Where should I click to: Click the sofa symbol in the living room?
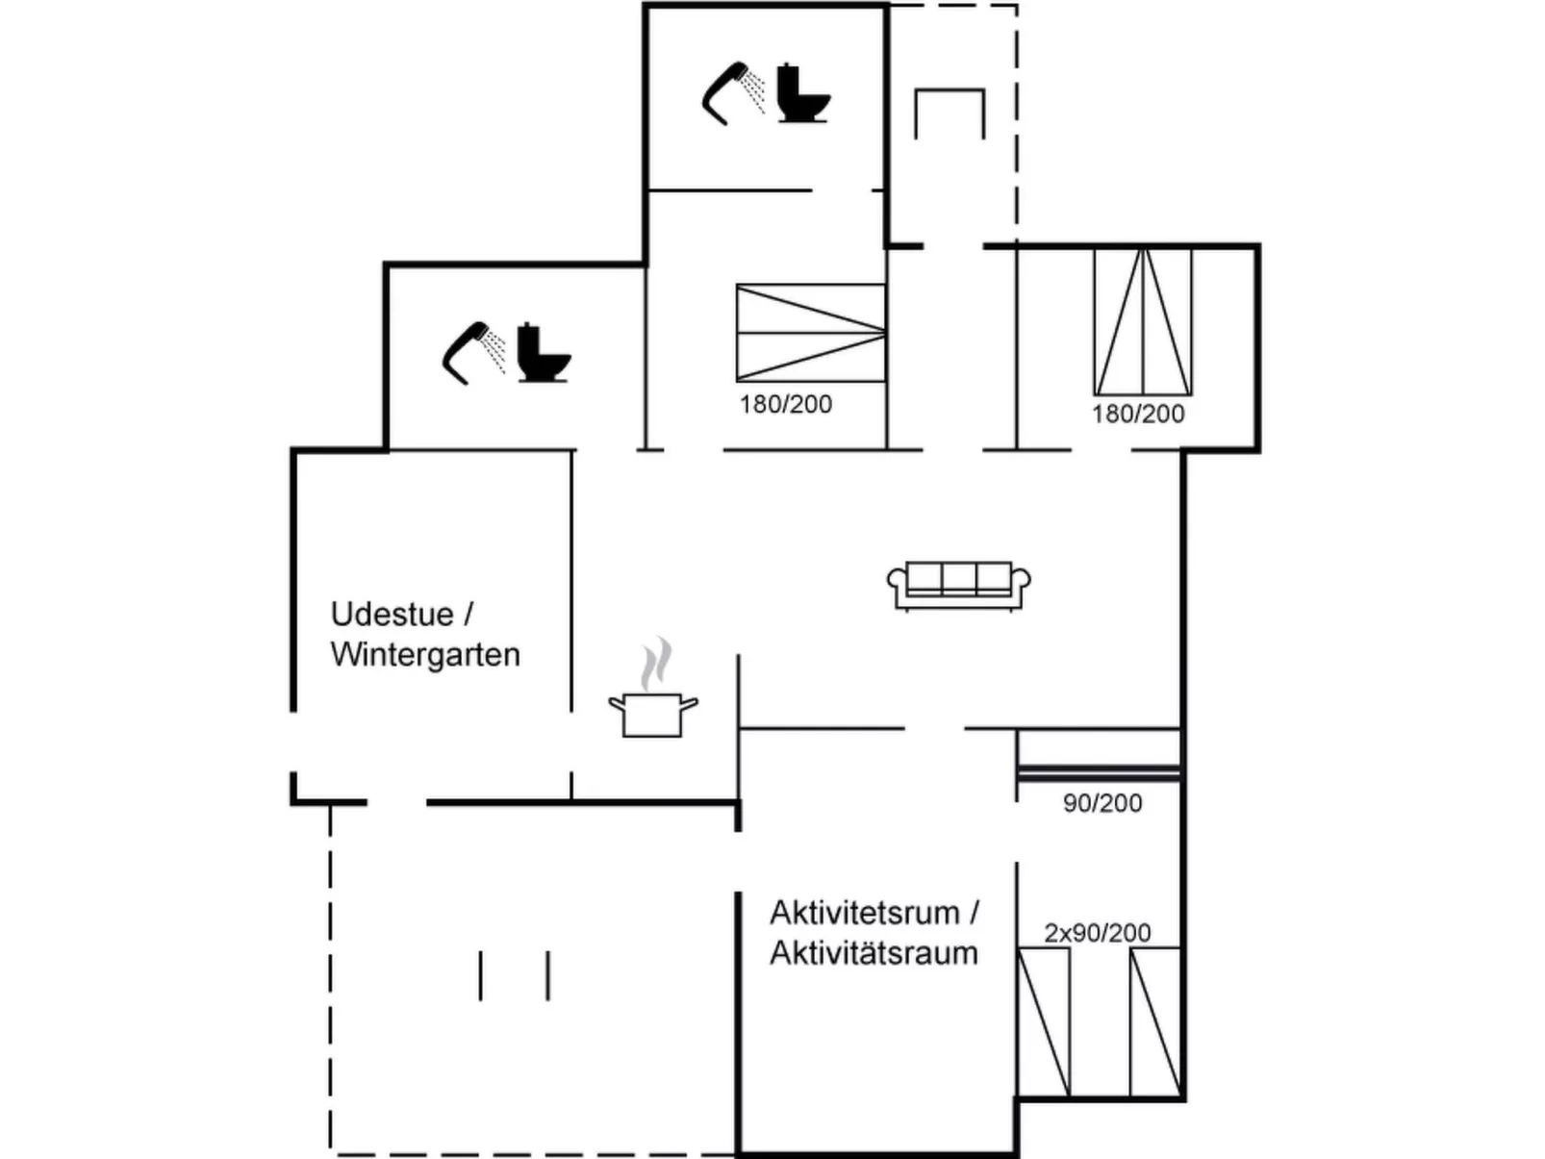pyautogui.click(x=958, y=586)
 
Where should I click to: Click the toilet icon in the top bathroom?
pyautogui.click(x=802, y=93)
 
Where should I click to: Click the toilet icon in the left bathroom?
pyautogui.click(x=544, y=353)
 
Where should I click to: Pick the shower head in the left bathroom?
pyautogui.click(x=475, y=353)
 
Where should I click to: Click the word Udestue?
pyautogui.click(x=392, y=614)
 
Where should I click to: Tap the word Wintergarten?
pyautogui.click(x=425, y=655)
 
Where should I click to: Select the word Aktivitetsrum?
pyautogui.click(x=865, y=912)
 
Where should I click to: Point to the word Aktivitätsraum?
pyautogui.click(x=874, y=953)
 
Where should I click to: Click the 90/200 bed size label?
pyautogui.click(x=1102, y=803)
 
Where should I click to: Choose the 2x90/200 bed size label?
pyautogui.click(x=1098, y=932)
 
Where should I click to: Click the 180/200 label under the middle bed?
pyautogui.click(x=785, y=404)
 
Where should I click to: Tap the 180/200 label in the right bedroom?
pyautogui.click(x=1138, y=414)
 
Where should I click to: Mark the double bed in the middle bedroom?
pyautogui.click(x=811, y=333)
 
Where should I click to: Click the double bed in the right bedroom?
pyautogui.click(x=1143, y=321)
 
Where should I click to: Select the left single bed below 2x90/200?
pyautogui.click(x=1044, y=1021)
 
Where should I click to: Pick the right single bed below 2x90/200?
pyautogui.click(x=1155, y=1021)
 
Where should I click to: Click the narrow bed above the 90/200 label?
pyautogui.click(x=1099, y=753)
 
